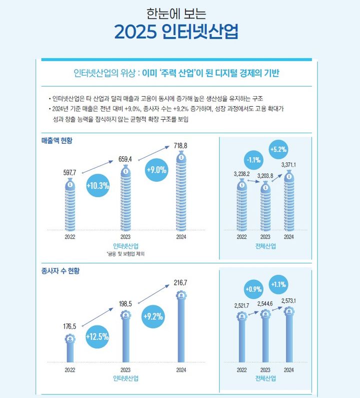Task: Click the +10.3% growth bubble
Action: click(x=97, y=185)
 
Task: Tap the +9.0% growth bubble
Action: click(x=156, y=170)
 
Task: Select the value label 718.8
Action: click(x=180, y=146)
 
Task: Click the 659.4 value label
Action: click(x=125, y=159)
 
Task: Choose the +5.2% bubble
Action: click(x=278, y=149)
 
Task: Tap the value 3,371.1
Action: click(x=289, y=165)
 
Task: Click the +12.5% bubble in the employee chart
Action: click(x=97, y=336)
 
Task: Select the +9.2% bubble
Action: click(x=154, y=316)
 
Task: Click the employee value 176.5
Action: click(x=69, y=326)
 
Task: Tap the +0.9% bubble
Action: click(x=254, y=289)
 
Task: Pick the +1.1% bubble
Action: click(x=278, y=285)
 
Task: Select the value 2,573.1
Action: click(x=289, y=301)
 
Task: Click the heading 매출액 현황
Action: click(x=57, y=141)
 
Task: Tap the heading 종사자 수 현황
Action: click(x=60, y=271)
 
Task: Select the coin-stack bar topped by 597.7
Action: click(x=70, y=204)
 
